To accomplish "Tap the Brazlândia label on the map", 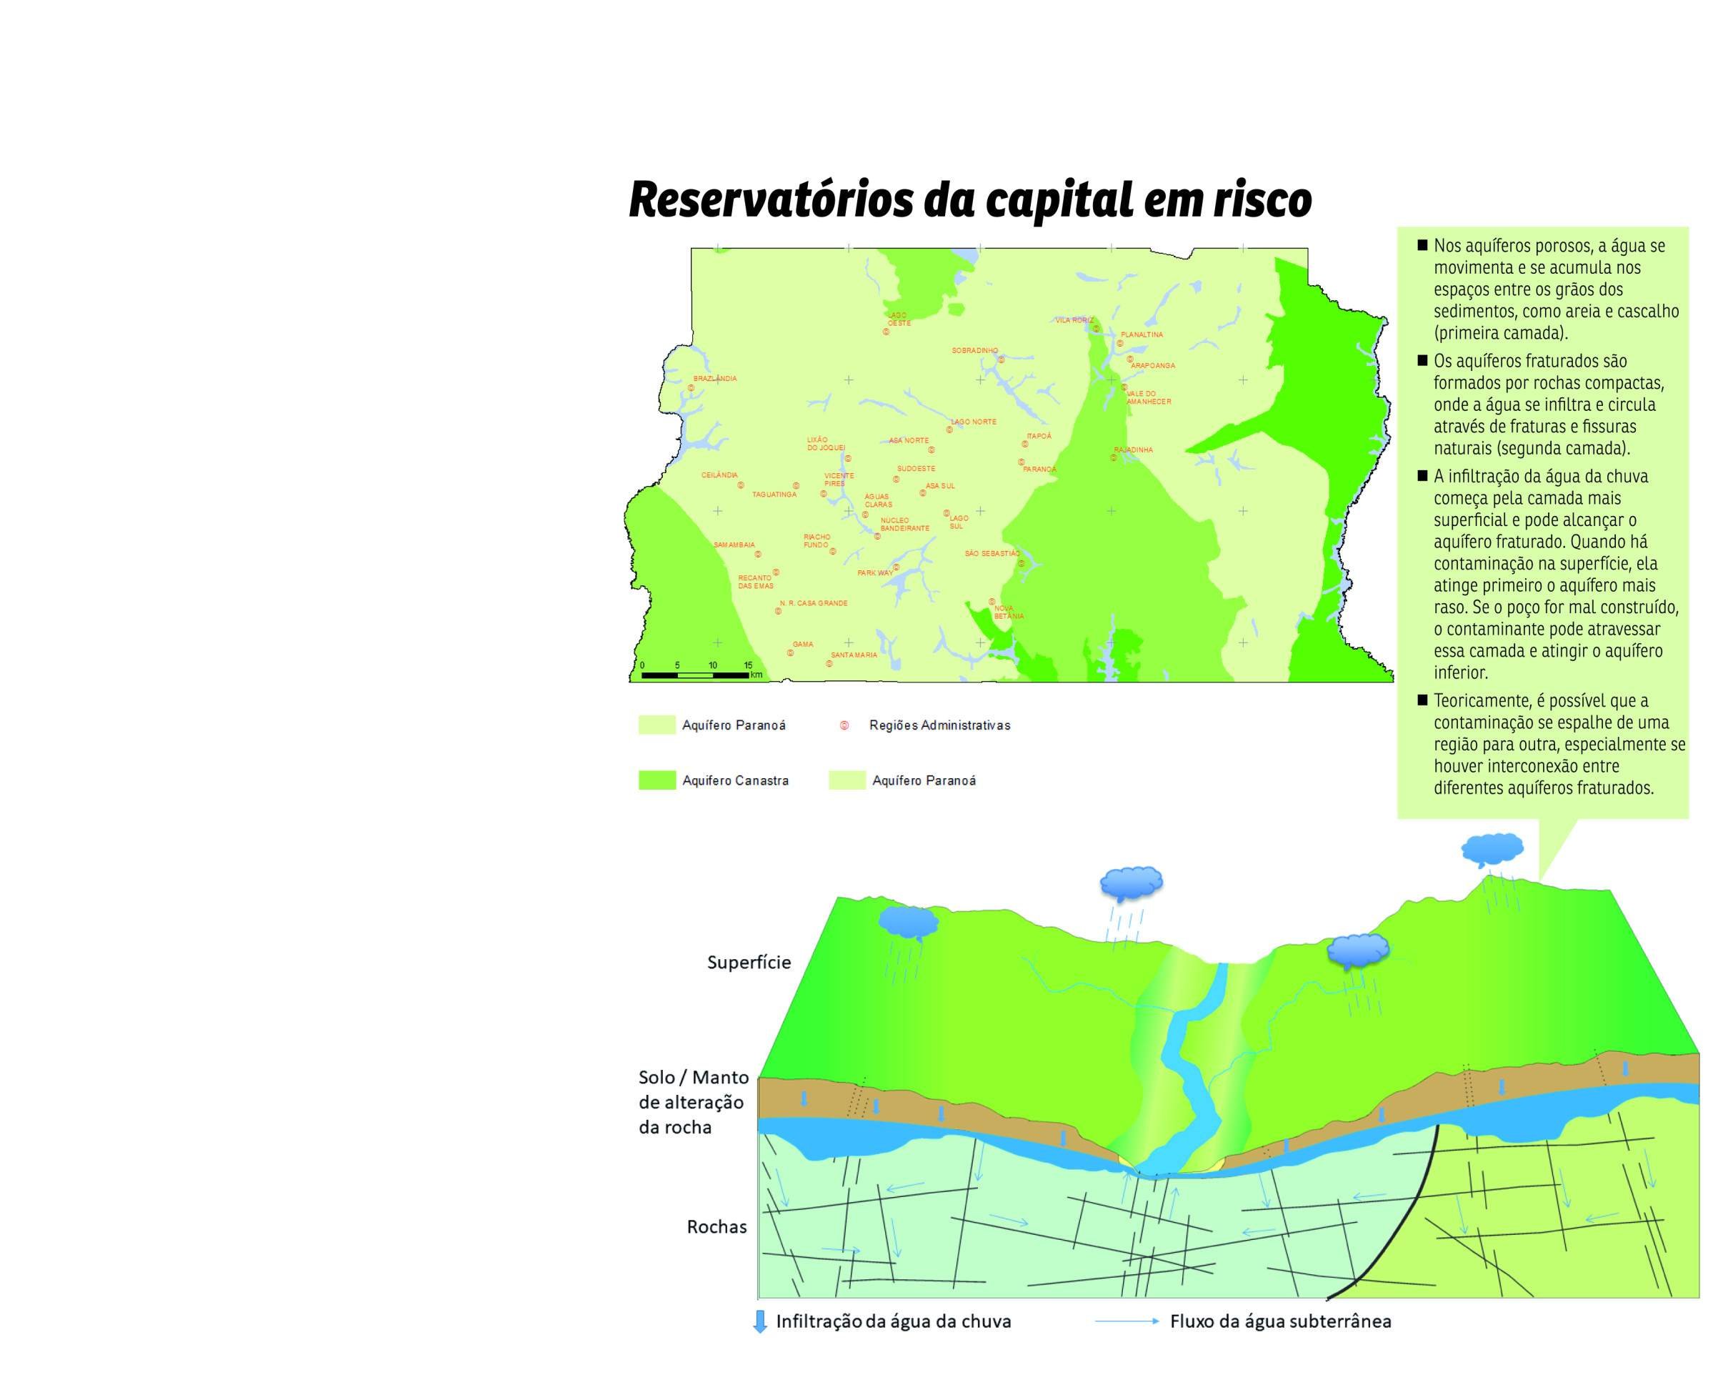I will [x=715, y=379].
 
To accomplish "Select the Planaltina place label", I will [x=1142, y=334].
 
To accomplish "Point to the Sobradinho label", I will [x=974, y=350].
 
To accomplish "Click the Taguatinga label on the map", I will [x=774, y=495].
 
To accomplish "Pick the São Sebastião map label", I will [x=992, y=553].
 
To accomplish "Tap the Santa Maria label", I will [x=854, y=655].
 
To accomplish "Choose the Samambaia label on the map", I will [x=734, y=545].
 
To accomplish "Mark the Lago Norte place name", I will [x=973, y=422].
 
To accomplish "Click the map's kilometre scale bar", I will [x=695, y=675].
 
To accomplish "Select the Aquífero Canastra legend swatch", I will [x=656, y=780].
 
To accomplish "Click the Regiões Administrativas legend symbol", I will [x=844, y=725].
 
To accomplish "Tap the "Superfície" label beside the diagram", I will [x=749, y=962].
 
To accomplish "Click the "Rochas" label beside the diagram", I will [x=716, y=1227].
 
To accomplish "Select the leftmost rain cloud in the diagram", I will [x=907, y=922].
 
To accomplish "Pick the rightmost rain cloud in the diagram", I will [x=1492, y=849].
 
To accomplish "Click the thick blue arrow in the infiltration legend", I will [x=760, y=1322].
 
